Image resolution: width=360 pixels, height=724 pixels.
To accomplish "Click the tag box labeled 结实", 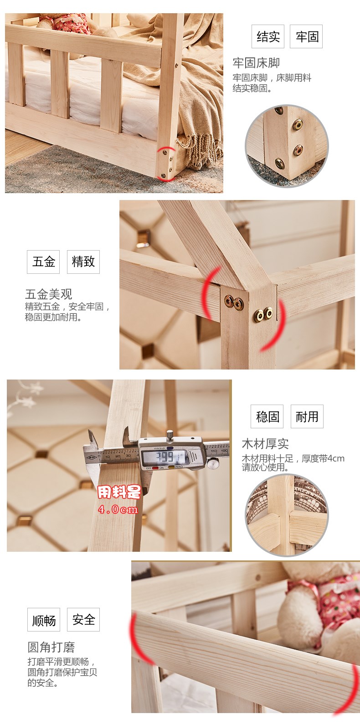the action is click(268, 36).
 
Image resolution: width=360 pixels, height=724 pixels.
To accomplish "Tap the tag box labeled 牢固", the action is click(306, 36).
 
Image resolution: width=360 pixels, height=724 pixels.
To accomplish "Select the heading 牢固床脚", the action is click(256, 63).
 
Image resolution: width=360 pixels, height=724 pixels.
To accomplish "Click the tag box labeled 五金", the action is click(43, 262).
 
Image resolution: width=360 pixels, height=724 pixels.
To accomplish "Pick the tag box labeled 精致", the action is click(83, 262).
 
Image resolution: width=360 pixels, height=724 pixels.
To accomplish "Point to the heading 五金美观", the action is click(48, 294).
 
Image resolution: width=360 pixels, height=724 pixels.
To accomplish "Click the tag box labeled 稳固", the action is click(267, 416).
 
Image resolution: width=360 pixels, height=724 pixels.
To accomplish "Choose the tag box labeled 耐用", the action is click(307, 416).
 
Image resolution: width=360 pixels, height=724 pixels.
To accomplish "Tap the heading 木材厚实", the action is click(265, 444).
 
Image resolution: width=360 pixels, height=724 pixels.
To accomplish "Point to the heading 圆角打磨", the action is click(51, 647).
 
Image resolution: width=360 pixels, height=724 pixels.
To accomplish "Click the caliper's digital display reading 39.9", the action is click(165, 457).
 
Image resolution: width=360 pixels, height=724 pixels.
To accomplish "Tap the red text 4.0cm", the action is click(118, 510).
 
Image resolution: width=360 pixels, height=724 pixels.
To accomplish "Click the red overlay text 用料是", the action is click(119, 492).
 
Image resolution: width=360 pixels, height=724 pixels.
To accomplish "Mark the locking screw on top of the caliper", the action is click(170, 435).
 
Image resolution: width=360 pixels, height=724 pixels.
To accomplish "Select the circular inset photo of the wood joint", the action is click(287, 515).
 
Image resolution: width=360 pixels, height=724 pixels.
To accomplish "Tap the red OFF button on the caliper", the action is click(155, 468).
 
